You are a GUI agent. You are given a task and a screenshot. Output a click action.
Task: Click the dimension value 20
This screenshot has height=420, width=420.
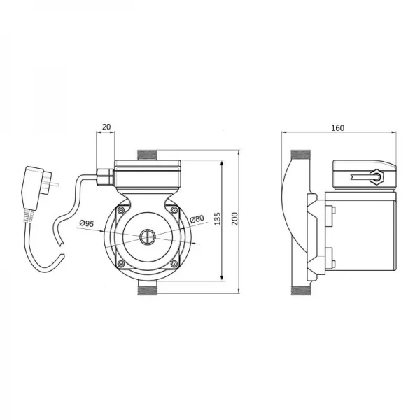click(106, 127)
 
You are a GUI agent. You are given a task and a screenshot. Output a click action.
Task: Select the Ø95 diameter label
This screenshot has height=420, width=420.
click(87, 223)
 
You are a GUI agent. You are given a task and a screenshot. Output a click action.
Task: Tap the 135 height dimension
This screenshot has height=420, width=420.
click(218, 220)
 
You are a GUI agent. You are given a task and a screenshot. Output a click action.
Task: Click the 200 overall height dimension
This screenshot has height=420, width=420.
click(234, 219)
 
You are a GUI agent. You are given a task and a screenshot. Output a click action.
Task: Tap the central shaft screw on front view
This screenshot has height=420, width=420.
click(148, 237)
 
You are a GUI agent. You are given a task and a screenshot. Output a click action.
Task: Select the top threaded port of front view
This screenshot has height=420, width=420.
click(148, 154)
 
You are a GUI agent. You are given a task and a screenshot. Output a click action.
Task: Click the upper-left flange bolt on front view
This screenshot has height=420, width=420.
click(122, 209)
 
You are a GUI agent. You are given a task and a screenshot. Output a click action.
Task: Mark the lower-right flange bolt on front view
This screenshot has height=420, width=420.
click(174, 263)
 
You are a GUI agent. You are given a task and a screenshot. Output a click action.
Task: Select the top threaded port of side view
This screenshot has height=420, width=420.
click(299, 155)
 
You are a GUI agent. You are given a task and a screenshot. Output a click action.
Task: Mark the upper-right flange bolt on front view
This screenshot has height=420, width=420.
click(174, 209)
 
